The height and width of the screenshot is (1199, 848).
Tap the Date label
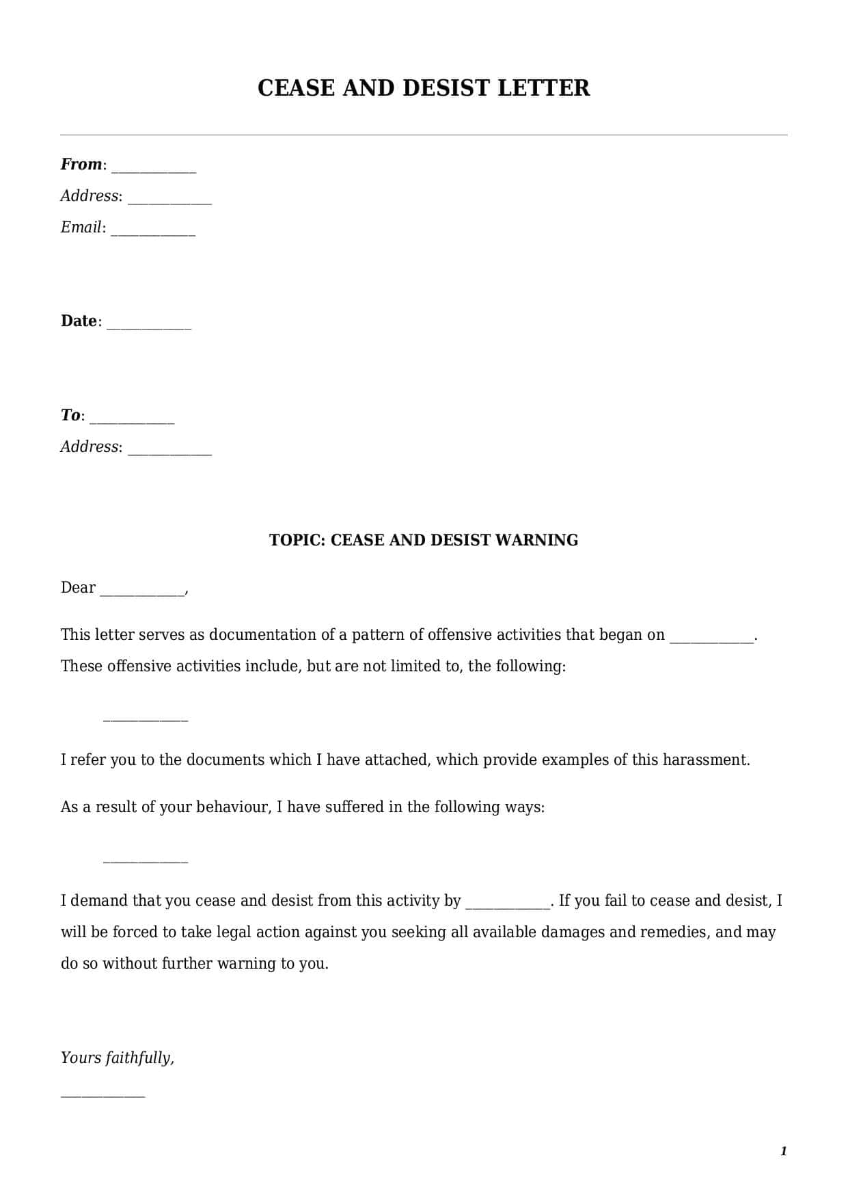click(79, 321)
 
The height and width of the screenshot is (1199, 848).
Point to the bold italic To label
click(70, 416)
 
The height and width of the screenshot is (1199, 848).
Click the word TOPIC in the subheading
click(297, 540)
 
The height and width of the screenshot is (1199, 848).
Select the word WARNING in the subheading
click(536, 540)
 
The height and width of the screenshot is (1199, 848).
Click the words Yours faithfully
click(118, 1058)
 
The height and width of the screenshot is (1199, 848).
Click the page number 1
click(783, 1152)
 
